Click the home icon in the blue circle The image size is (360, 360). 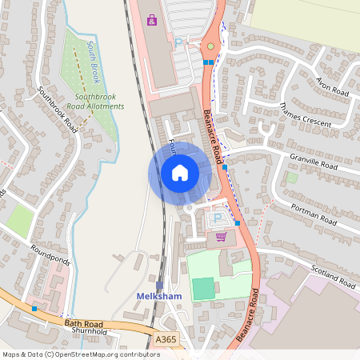[x=180, y=172]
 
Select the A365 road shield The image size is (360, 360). [x=166, y=340]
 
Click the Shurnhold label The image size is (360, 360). [x=90, y=331]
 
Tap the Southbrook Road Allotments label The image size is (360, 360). [x=95, y=102]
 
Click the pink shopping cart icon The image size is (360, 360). [x=221, y=236]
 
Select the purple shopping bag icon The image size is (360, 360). [x=152, y=18]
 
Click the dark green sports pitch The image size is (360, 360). [x=204, y=288]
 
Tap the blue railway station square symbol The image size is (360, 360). [x=160, y=285]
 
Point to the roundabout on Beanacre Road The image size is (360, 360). [x=210, y=46]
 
